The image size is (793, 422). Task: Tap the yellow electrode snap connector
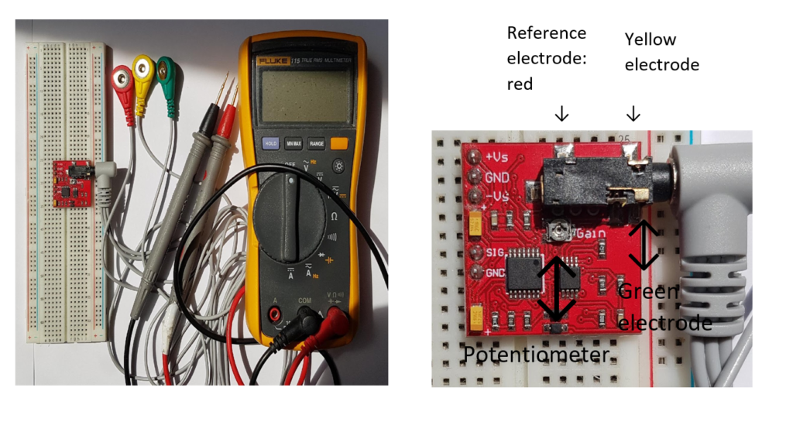144,70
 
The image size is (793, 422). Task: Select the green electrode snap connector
166,72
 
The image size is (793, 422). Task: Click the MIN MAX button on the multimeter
294,143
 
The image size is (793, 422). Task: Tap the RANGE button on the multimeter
316,143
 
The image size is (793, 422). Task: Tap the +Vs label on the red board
498,156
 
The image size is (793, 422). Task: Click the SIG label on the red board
494,253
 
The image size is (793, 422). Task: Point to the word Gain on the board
587,233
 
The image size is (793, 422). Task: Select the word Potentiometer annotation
536,355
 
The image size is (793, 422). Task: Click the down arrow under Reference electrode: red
562,114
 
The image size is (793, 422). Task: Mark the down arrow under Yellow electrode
633,114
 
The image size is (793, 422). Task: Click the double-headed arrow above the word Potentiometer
557,288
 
